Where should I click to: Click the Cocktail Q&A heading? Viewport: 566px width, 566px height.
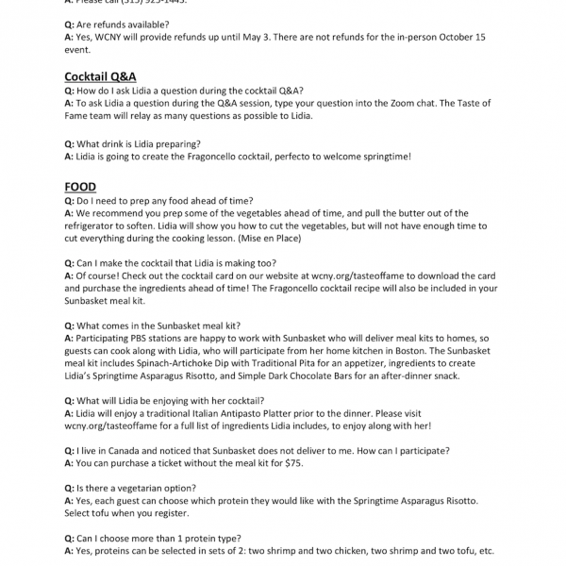100,76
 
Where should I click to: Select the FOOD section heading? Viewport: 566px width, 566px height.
80,187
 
